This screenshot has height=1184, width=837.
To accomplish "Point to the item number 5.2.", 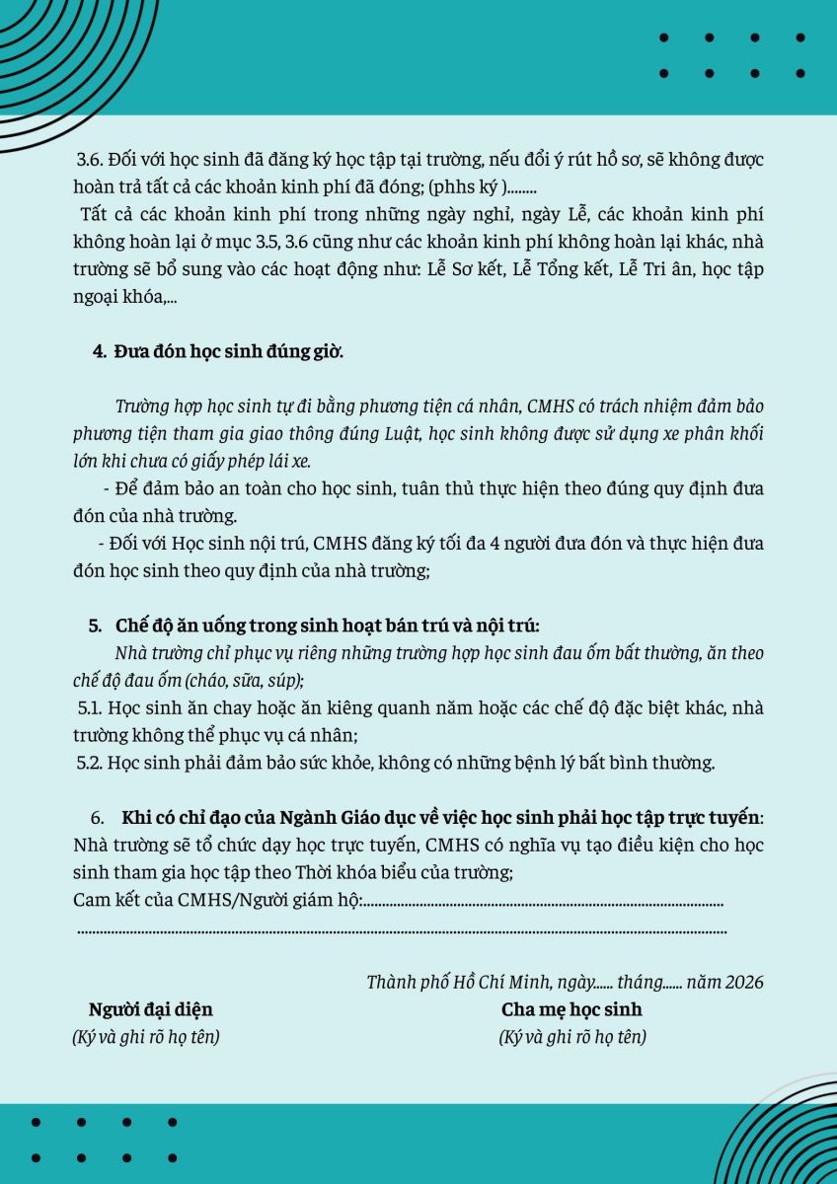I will point(92,763).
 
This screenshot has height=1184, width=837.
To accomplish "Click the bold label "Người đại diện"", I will point(151,1009).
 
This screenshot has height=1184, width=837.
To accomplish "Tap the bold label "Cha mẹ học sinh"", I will point(571,1009).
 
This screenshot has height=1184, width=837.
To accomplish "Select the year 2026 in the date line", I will point(743,983).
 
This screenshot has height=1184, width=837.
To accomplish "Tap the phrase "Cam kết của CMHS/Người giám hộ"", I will point(217,900).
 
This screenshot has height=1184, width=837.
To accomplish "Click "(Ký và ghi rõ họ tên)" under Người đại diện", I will point(146,1037).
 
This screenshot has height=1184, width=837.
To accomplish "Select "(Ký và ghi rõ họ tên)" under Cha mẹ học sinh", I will point(572,1037).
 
